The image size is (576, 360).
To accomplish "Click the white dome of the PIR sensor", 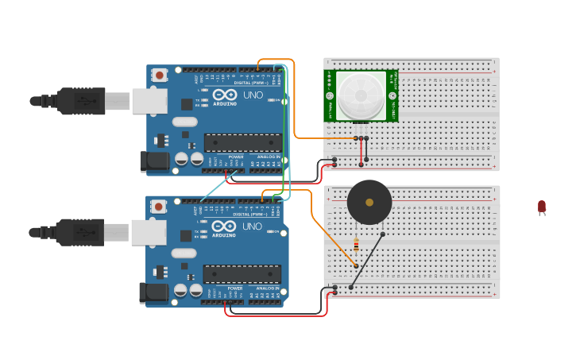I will tap(361, 96).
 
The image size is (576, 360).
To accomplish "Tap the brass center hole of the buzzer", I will tap(369, 202).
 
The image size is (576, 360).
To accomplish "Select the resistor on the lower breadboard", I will tap(356, 245).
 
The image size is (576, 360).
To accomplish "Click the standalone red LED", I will tap(542, 207).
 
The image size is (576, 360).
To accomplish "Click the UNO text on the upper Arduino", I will tap(253, 95).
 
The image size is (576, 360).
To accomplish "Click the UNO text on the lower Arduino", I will tap(252, 226).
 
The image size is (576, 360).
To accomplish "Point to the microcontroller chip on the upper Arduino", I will tap(242, 142).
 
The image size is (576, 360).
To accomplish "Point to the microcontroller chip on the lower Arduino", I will tap(242, 274).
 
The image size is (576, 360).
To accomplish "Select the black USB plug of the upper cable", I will tap(79, 101).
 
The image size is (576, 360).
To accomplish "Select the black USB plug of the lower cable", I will tap(79, 232).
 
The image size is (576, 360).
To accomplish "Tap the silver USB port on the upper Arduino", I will tap(149, 101).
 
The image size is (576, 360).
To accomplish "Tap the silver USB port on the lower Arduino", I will tap(149, 232).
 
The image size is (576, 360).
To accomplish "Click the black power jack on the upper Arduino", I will tap(154, 161).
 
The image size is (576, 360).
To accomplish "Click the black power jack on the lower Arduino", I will tap(153, 292).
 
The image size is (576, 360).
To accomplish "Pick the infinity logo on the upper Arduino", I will tap(224, 95).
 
